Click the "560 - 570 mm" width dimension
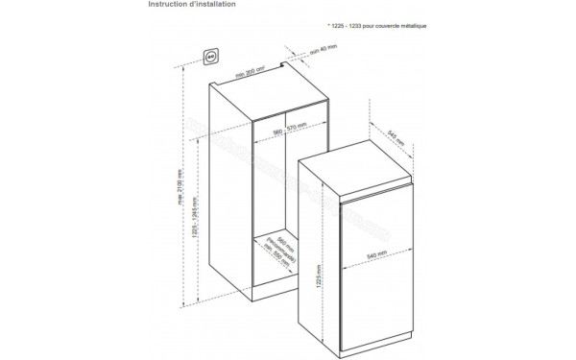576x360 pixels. pos(287,129)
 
